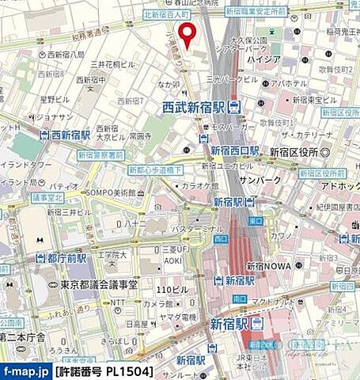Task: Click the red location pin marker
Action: [x=187, y=34]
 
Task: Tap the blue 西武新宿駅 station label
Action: [x=197, y=106]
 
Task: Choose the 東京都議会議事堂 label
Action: [x=106, y=284]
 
